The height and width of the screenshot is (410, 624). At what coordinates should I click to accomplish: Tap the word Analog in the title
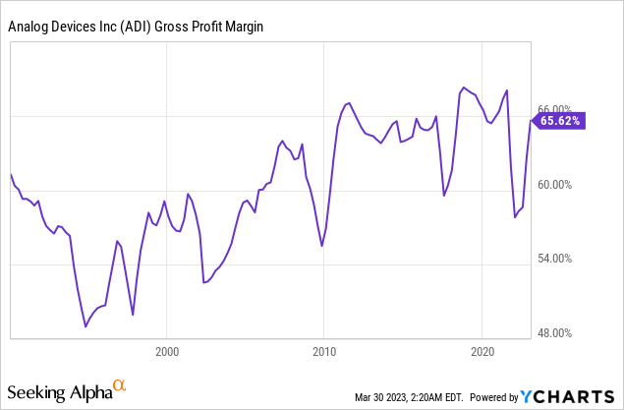pyautogui.click(x=30, y=29)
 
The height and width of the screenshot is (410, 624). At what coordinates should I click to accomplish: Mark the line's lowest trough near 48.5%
pyautogui.click(x=85, y=325)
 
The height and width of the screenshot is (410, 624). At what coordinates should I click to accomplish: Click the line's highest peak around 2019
pyautogui.click(x=463, y=88)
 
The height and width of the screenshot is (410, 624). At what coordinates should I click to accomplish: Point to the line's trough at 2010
pyautogui.click(x=322, y=245)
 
